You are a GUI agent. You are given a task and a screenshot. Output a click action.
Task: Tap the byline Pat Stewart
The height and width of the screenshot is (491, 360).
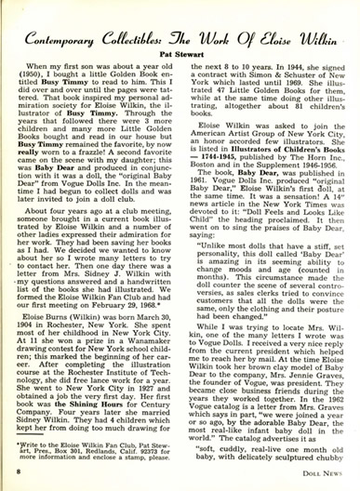point(180,57)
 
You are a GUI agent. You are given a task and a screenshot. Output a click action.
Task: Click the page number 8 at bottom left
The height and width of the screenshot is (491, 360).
point(20,474)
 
